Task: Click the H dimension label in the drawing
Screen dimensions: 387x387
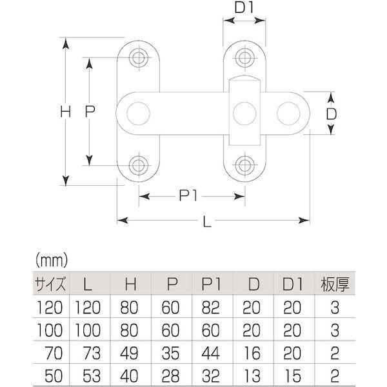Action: (x=64, y=112)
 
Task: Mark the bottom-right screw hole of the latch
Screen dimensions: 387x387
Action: (x=244, y=165)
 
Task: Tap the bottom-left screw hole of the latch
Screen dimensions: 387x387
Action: (x=138, y=165)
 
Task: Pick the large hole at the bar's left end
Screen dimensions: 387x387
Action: (x=137, y=113)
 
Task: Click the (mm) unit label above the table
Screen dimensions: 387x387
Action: (x=52, y=261)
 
